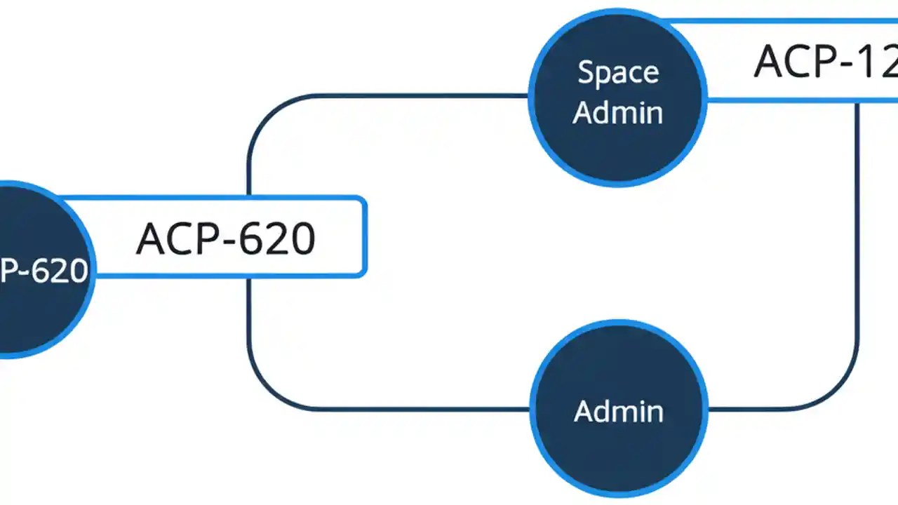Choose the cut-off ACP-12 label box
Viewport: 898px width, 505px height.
coord(800,61)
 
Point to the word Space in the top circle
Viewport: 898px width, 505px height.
coord(618,73)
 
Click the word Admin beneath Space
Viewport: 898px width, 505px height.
coord(618,112)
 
